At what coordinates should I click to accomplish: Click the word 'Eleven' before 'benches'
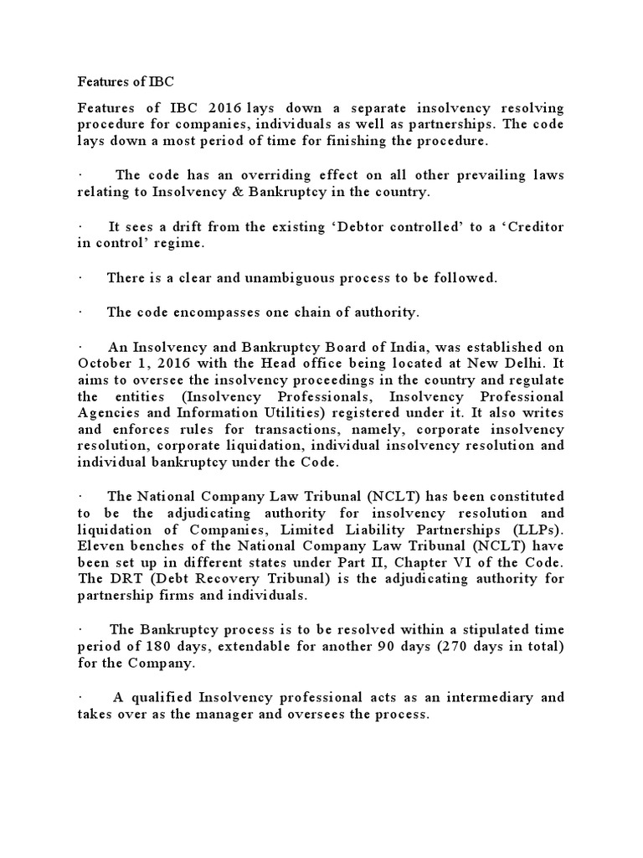point(100,545)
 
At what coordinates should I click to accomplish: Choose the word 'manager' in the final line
point(235,714)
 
